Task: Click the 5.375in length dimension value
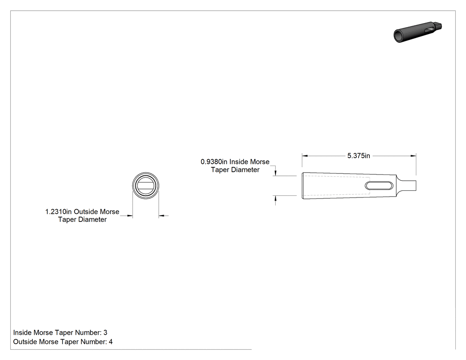[359, 156]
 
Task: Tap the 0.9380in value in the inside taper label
[213, 162]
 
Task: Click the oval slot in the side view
[379, 186]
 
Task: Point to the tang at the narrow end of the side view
[407, 186]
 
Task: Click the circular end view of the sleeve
[146, 172]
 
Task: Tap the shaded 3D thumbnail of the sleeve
[418, 32]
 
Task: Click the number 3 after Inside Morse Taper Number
[105, 332]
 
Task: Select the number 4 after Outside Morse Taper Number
[111, 342]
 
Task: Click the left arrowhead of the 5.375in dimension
[304, 156]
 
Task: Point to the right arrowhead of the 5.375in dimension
[413, 156]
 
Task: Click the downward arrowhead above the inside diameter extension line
[276, 173]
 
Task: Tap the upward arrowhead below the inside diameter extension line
[276, 198]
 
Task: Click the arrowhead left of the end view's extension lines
[130, 216]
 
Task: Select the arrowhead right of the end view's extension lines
[162, 216]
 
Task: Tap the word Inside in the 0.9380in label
[239, 162]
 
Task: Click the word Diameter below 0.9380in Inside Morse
[245, 170]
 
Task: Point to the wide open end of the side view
[302, 186]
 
